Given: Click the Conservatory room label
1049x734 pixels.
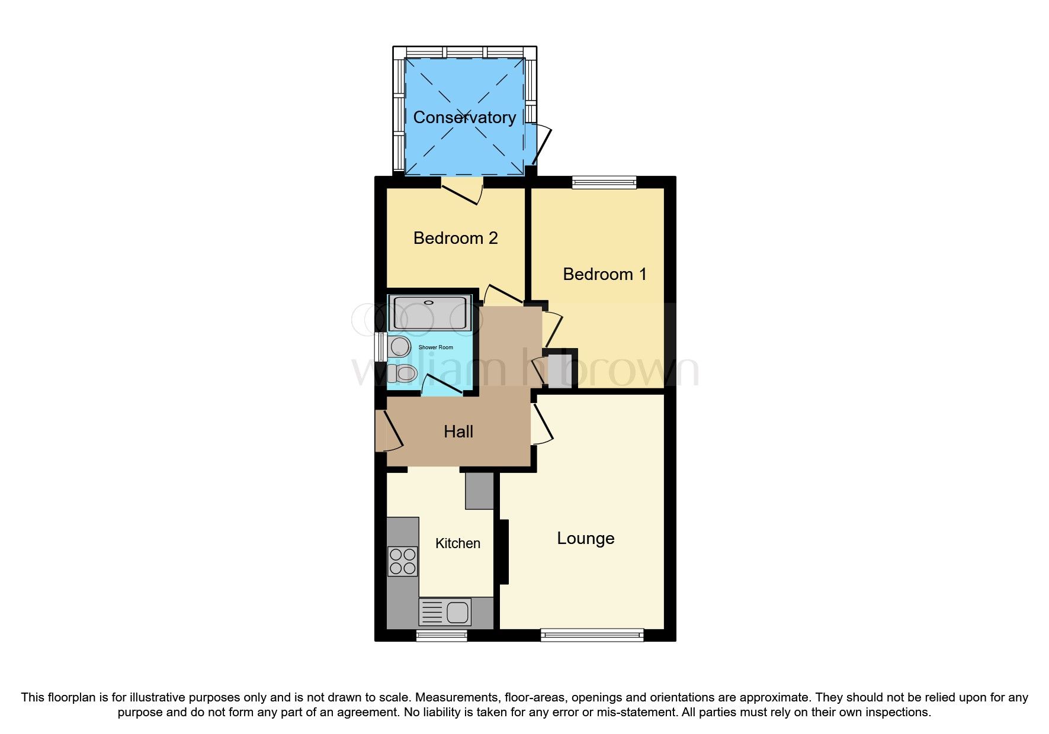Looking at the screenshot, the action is (x=464, y=118).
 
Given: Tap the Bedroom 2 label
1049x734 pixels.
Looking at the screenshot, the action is (x=455, y=238).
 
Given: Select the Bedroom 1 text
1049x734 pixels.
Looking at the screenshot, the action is (x=605, y=274).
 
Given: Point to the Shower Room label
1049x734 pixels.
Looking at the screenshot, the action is (x=436, y=347).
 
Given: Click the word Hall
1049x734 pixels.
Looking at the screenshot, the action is (x=458, y=432).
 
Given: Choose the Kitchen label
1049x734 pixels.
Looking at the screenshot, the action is (x=458, y=543).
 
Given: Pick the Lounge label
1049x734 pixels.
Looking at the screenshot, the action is (x=586, y=539).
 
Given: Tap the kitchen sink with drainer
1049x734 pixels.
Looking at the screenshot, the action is (x=445, y=611).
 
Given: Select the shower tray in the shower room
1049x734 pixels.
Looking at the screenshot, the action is (x=430, y=314).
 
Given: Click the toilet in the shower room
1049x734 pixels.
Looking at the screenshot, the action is (x=402, y=373).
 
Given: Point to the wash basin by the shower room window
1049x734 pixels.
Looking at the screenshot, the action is (x=400, y=347).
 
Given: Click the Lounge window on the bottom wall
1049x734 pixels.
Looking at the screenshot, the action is (x=592, y=635).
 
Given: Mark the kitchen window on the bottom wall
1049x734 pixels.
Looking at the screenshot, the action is (x=441, y=635).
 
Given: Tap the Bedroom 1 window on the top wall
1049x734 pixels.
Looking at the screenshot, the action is (x=604, y=182).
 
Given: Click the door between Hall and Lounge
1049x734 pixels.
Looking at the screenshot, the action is (x=541, y=423).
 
